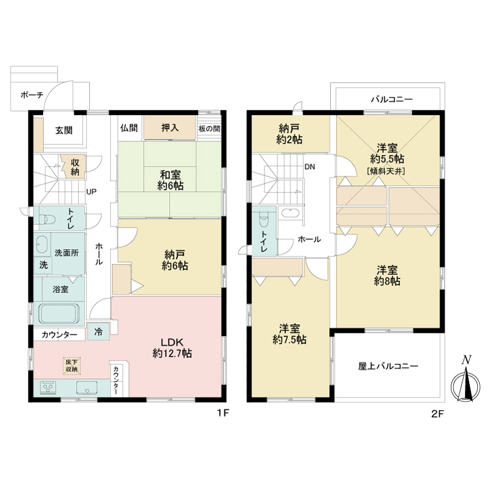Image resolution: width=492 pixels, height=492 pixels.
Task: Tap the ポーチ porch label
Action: (x=32, y=95)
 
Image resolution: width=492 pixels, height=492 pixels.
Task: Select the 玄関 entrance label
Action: (x=64, y=130)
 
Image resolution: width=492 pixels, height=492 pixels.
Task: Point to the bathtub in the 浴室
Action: (x=58, y=314)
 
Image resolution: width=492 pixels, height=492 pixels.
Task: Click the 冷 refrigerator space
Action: (x=98, y=331)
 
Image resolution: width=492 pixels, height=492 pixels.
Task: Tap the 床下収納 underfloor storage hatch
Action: (x=71, y=366)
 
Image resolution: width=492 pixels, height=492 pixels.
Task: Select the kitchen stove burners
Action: (x=48, y=387)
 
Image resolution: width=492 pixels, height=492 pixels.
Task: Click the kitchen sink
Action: (x=87, y=388)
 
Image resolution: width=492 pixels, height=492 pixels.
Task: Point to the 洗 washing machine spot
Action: (x=43, y=265)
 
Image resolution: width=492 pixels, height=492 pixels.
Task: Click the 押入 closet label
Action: (x=170, y=128)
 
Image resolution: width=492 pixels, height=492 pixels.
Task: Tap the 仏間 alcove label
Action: (x=129, y=128)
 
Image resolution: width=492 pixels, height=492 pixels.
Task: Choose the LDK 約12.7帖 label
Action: (x=172, y=347)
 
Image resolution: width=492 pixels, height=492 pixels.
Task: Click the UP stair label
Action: (x=91, y=191)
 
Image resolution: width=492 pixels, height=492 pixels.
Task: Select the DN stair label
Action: (x=310, y=167)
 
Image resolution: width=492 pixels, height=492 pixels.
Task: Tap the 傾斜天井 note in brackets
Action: (x=386, y=172)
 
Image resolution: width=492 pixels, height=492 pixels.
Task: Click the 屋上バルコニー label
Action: (x=388, y=366)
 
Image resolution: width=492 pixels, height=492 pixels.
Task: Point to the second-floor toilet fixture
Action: (x=264, y=220)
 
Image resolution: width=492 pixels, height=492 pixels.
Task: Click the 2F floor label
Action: (x=438, y=414)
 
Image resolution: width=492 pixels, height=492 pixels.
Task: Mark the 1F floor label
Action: (x=223, y=413)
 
